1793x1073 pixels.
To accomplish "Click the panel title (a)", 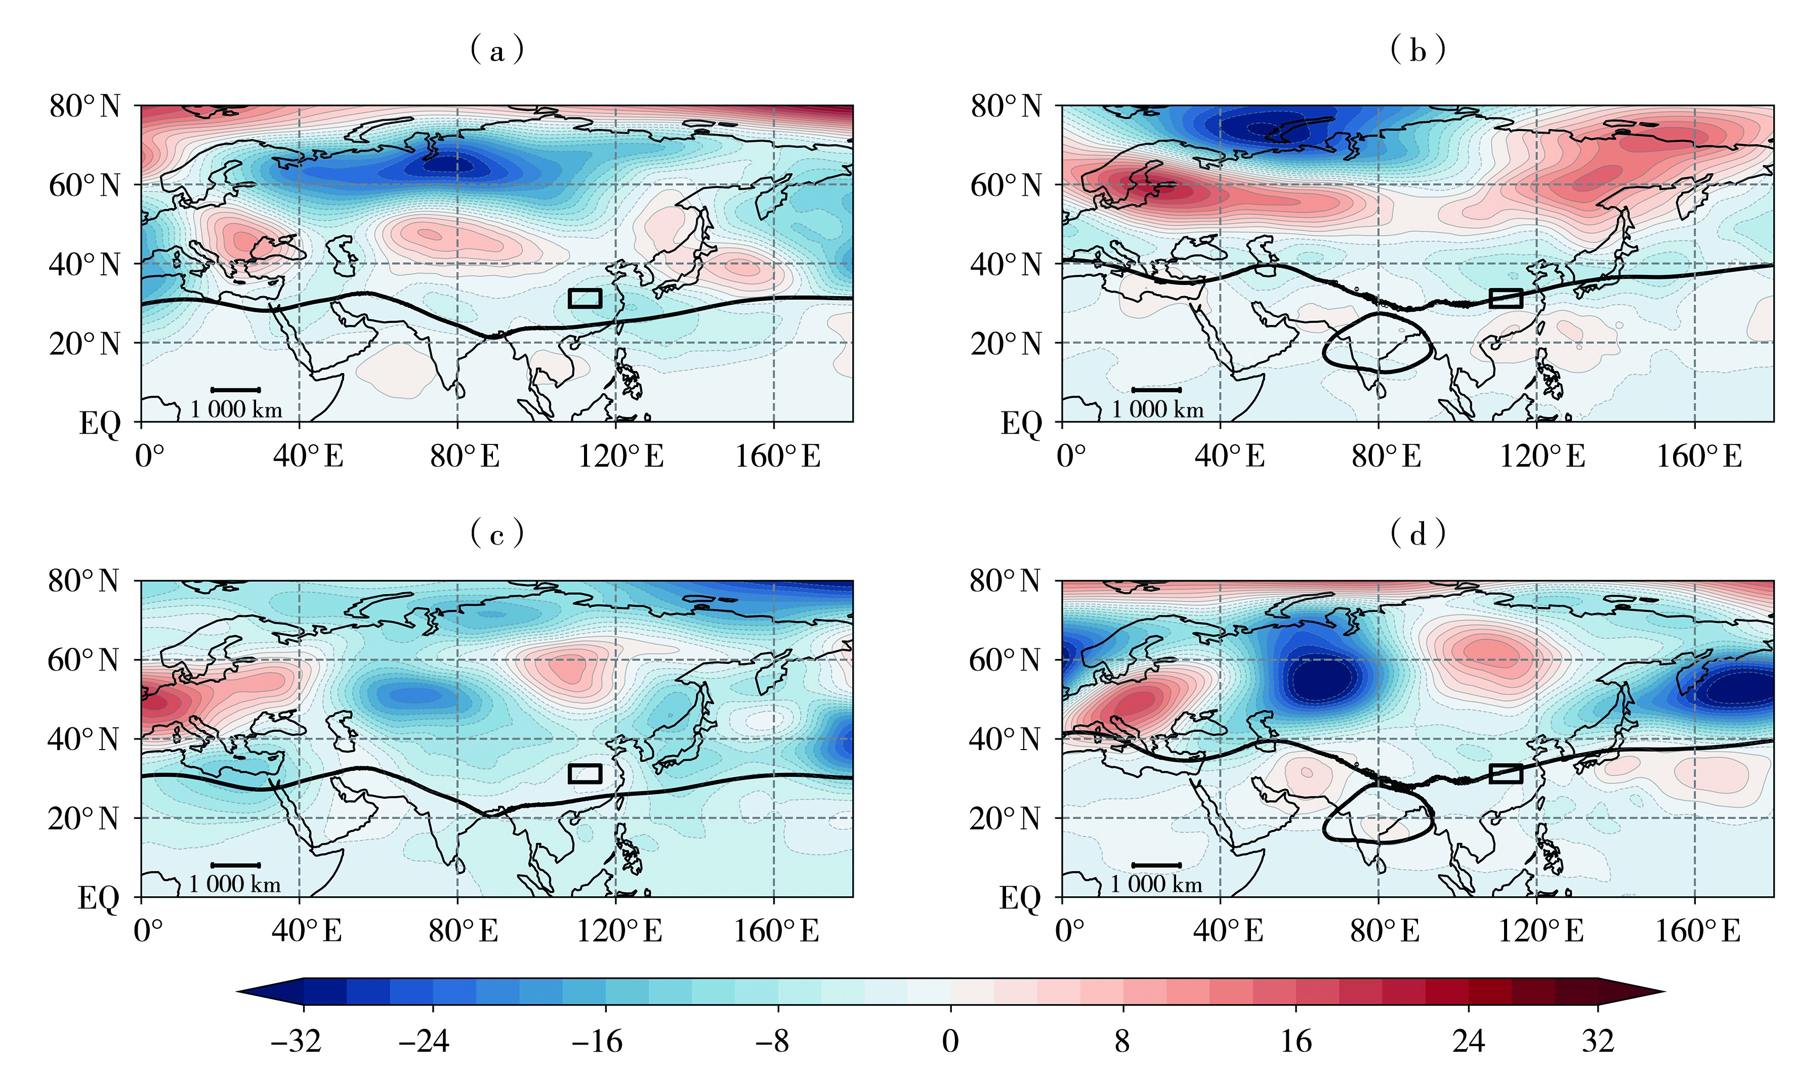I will click(496, 51).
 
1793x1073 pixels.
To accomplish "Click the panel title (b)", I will click(1418, 51).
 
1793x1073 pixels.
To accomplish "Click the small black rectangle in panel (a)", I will click(585, 298).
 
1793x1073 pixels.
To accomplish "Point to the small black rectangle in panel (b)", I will click(1506, 298).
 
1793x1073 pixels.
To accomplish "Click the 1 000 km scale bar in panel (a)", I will click(236, 390).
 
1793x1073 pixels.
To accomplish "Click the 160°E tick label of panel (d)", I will click(1697, 931).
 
